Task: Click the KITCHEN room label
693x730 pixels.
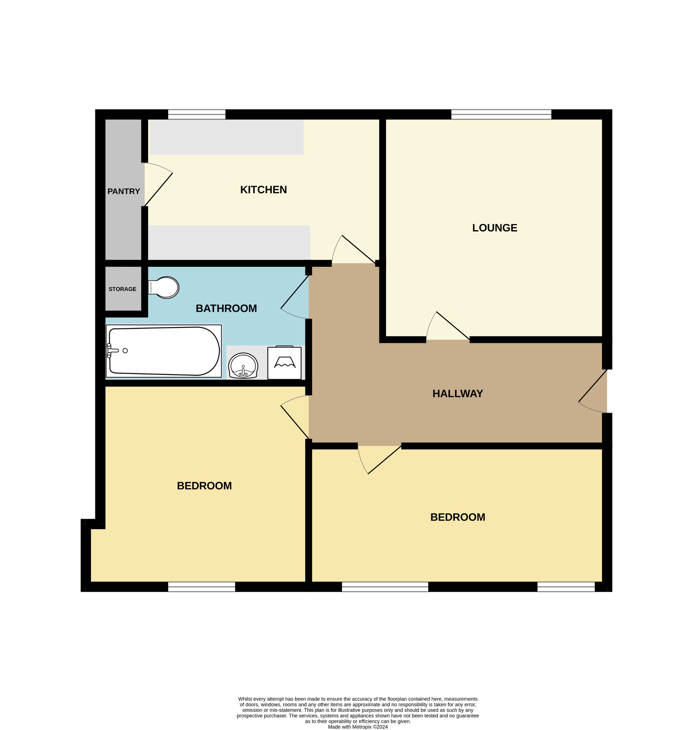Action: click(263, 190)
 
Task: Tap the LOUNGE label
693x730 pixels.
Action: click(495, 228)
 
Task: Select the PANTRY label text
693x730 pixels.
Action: click(123, 191)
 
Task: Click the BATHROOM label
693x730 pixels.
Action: click(226, 309)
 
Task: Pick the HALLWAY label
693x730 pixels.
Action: click(458, 394)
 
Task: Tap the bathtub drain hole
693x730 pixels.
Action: click(125, 351)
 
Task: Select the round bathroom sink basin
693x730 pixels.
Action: click(243, 366)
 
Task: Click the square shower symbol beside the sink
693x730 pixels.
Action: click(284, 363)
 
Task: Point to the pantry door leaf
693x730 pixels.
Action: click(158, 189)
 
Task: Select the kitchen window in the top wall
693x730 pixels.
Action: click(196, 114)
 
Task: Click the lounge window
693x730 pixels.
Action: click(501, 114)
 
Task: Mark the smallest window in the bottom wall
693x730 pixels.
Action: click(566, 587)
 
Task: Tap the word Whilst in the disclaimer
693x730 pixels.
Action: click(246, 699)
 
